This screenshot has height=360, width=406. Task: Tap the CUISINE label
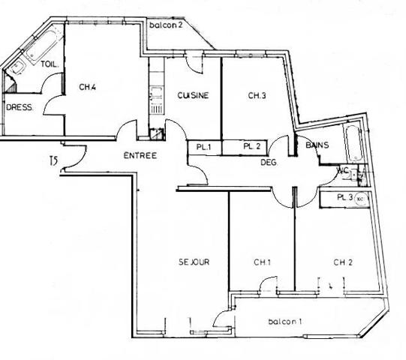click(193, 95)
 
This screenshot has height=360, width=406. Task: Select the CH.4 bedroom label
click(88, 88)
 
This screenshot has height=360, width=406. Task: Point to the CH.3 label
click(259, 95)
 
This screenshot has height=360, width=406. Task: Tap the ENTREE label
click(140, 156)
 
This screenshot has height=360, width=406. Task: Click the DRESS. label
click(20, 107)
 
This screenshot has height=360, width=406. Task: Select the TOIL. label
click(50, 64)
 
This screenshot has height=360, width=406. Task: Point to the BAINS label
click(317, 145)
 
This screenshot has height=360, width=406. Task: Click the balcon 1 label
click(285, 322)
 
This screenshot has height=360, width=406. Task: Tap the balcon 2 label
click(166, 26)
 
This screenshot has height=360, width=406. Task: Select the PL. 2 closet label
click(252, 147)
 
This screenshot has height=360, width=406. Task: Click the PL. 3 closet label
click(345, 198)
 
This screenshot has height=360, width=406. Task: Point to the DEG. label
click(269, 163)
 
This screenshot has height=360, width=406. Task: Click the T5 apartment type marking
click(53, 160)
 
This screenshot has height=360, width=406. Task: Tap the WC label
click(343, 171)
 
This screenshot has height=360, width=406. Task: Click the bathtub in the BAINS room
click(353, 147)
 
